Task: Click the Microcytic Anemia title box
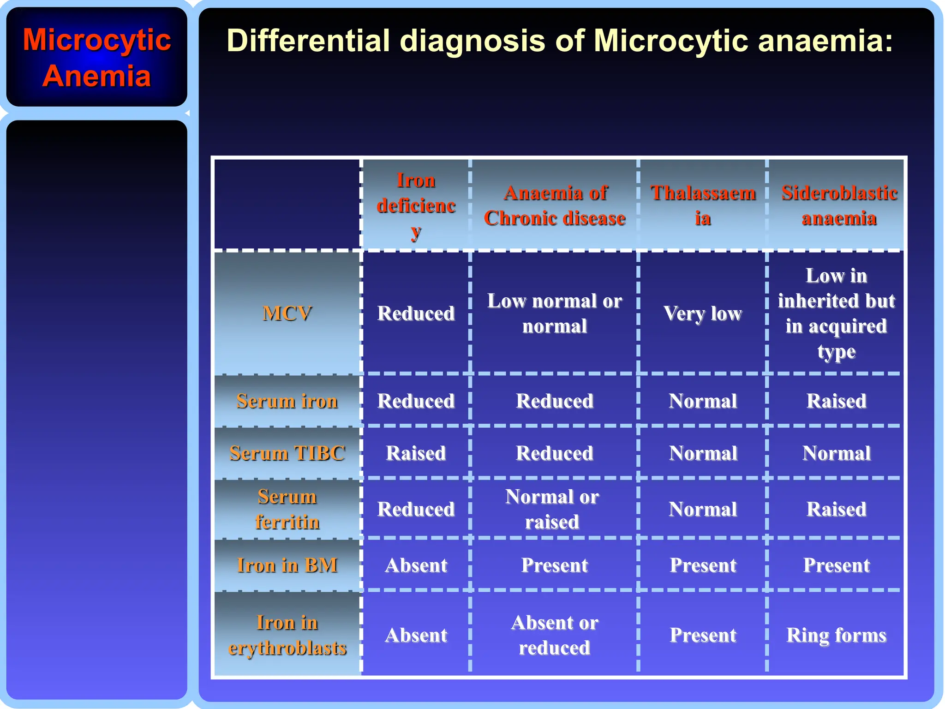coord(96,58)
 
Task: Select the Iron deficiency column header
coord(416,205)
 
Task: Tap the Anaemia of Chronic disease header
coord(554,205)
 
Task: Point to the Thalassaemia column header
coord(703,205)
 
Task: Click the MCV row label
coord(287,313)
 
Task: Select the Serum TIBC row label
coord(287,453)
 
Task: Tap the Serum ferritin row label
coord(287,509)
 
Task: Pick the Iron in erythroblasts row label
coord(287,635)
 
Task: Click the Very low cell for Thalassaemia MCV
coord(703,313)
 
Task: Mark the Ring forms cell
coord(836,635)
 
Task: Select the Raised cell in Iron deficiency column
coord(416,453)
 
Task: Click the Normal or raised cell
coord(552,509)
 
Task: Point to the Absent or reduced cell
coord(554,635)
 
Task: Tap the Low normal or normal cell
coord(554,313)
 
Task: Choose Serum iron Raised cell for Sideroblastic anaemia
coord(836,401)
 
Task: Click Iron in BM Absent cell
coord(416,565)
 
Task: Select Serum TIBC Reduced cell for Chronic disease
coord(554,453)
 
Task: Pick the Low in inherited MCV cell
coord(836,313)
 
